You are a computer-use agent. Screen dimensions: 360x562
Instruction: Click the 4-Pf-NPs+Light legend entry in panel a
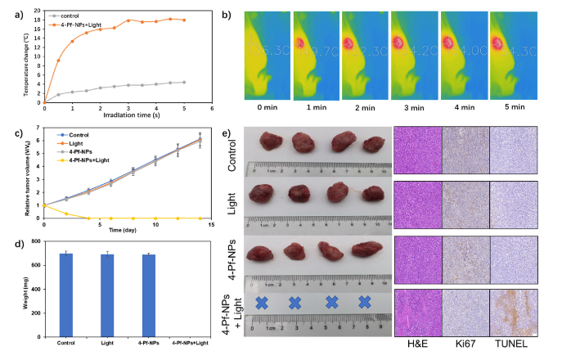73,24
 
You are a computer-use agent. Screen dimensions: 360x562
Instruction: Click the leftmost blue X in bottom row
262,302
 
